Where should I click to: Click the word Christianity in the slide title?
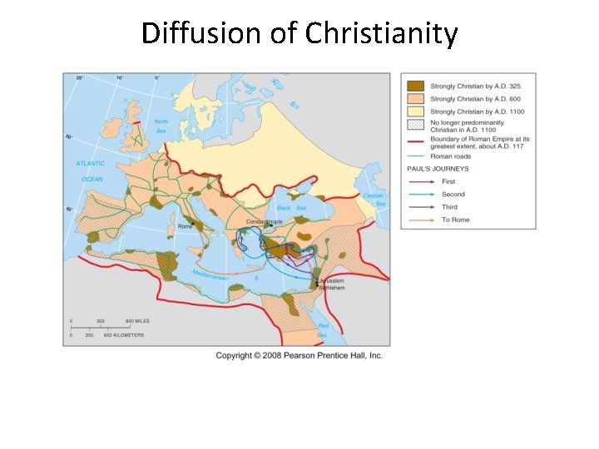click(x=382, y=34)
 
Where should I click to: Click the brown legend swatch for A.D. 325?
click(x=415, y=86)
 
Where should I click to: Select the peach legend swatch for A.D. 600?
click(x=415, y=98)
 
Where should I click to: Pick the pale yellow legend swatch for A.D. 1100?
click(x=415, y=111)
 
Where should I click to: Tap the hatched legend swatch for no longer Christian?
click(x=415, y=126)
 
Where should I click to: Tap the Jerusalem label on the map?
click(x=331, y=282)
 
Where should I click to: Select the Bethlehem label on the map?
click(x=333, y=289)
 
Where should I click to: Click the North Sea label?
click(x=161, y=126)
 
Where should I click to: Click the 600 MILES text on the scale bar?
click(x=137, y=322)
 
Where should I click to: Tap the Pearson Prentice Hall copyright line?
click(x=299, y=355)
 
